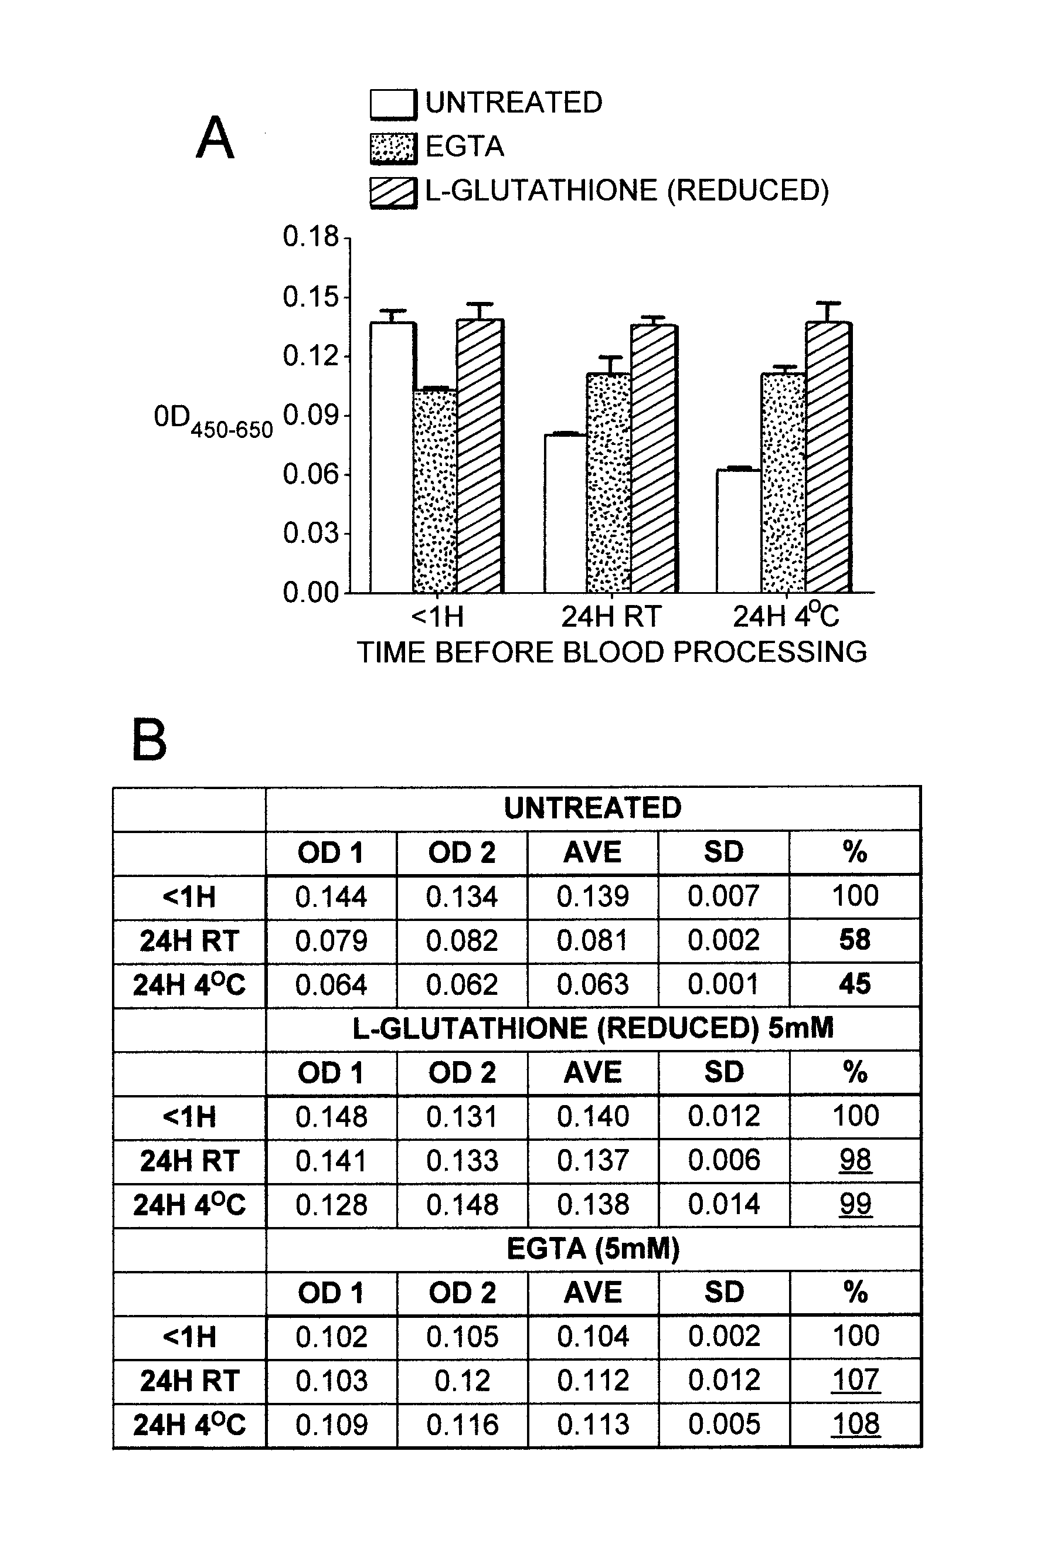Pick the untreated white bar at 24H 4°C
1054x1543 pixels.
[x=738, y=531]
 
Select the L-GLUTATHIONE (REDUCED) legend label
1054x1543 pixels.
[x=627, y=191]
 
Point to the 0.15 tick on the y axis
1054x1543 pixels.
[x=311, y=297]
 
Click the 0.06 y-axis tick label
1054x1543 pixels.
[x=311, y=474]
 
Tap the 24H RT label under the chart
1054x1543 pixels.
[x=611, y=617]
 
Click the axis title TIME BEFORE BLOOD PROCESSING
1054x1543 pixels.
[x=611, y=652]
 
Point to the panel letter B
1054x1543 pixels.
[x=149, y=740]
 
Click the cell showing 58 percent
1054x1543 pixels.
[x=854, y=940]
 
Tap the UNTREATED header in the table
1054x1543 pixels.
[x=592, y=808]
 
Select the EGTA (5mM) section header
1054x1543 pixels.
[x=592, y=1249]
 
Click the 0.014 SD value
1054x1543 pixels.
[x=723, y=1204]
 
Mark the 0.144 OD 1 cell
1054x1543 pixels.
[x=331, y=897]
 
